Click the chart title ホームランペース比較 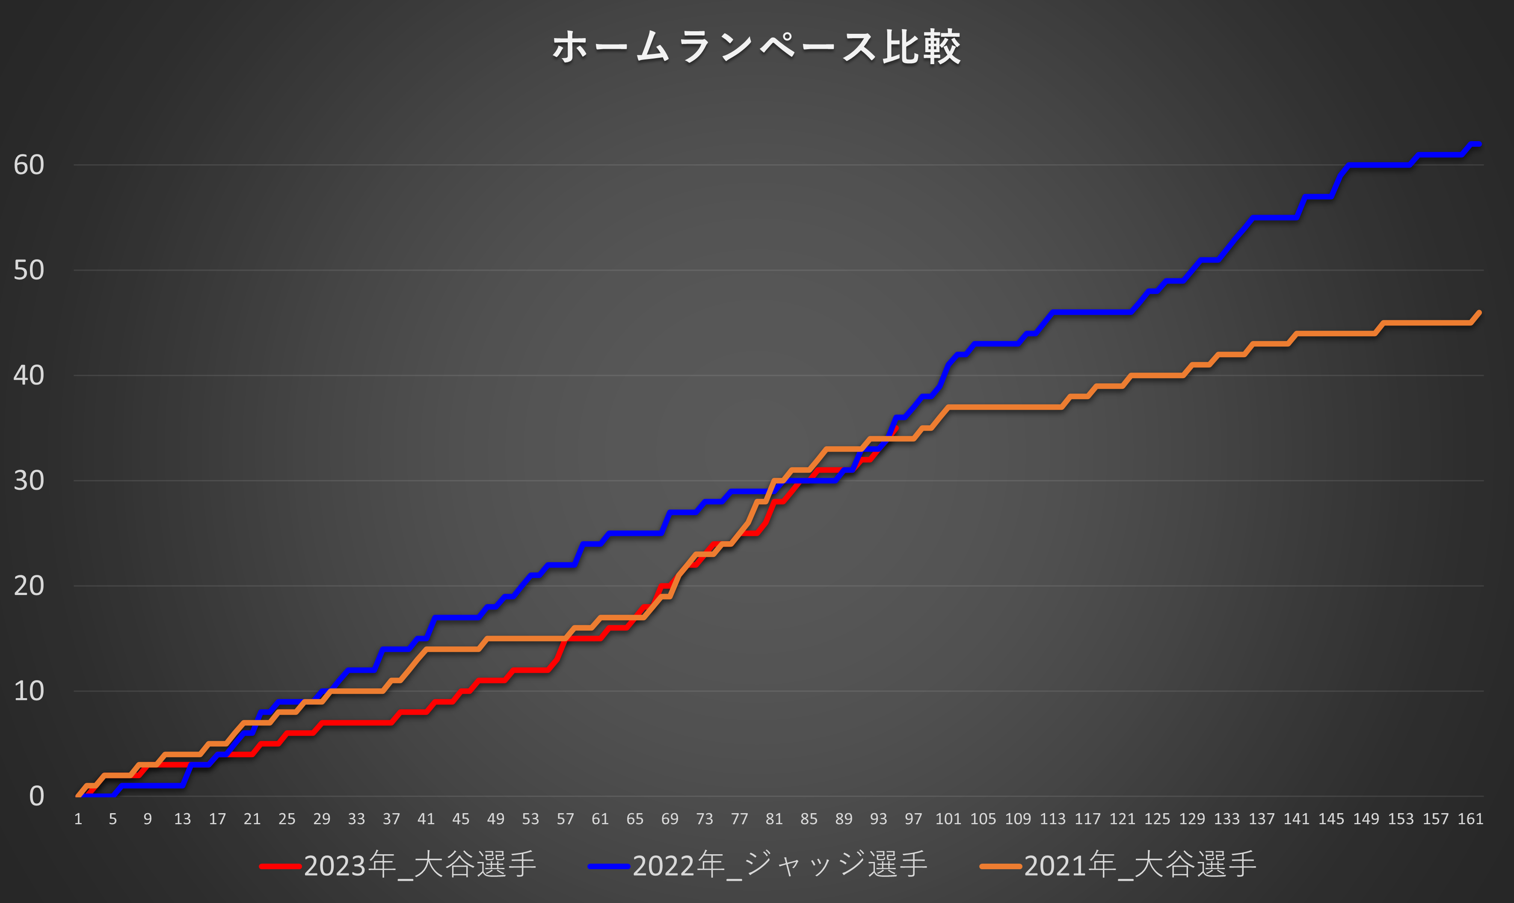756,47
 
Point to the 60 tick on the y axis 29,165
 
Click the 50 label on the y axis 29,270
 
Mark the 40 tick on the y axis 29,376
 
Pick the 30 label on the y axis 29,481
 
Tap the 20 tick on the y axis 29,586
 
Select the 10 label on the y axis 29,691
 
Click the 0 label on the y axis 36,796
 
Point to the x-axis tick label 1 78,819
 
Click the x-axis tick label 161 1470,819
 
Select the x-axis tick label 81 774,819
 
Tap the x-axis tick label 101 948,819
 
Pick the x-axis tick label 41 426,819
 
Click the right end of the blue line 1479,144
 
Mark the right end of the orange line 1479,312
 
